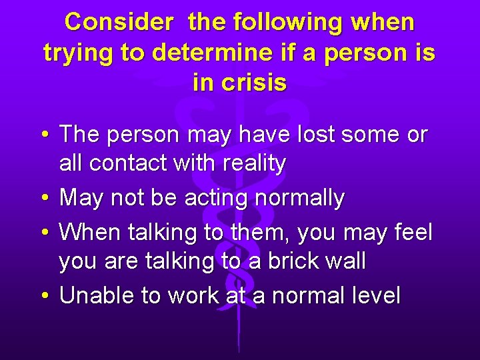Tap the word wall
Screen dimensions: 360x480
(347, 261)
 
